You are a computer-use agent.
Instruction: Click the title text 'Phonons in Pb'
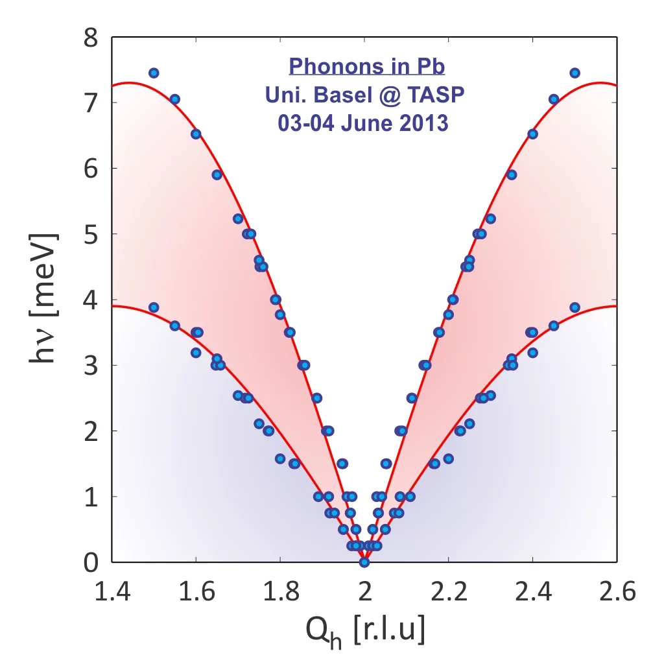[x=366, y=66]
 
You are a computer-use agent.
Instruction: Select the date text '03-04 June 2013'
[x=363, y=123]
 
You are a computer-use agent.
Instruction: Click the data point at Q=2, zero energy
[x=364, y=562]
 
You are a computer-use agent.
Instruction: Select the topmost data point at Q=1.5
[x=154, y=73]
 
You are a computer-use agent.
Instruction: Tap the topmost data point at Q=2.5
[x=575, y=73]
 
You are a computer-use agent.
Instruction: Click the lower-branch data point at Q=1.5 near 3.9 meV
[x=154, y=307]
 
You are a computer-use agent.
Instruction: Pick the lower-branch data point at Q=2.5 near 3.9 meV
[x=575, y=307]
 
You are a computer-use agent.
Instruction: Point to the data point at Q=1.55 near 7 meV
[x=174, y=99]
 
